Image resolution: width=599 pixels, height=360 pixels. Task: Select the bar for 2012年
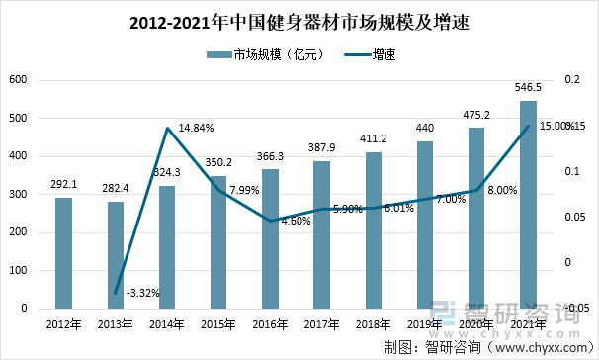coord(63,252)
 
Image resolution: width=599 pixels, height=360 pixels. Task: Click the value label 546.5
coord(529,88)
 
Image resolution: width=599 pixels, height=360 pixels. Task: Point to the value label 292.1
coord(63,184)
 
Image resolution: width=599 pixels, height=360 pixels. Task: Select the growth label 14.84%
coord(196,129)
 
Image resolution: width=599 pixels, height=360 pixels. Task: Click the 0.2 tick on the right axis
coord(570,80)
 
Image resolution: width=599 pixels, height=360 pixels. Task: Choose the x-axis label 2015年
coord(218,323)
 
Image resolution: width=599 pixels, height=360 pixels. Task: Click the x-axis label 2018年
coord(374,323)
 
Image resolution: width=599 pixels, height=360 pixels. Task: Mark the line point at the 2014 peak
coord(167,128)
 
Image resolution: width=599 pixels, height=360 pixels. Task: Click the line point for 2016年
coord(271,221)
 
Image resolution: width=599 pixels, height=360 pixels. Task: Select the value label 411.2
coord(374,138)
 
